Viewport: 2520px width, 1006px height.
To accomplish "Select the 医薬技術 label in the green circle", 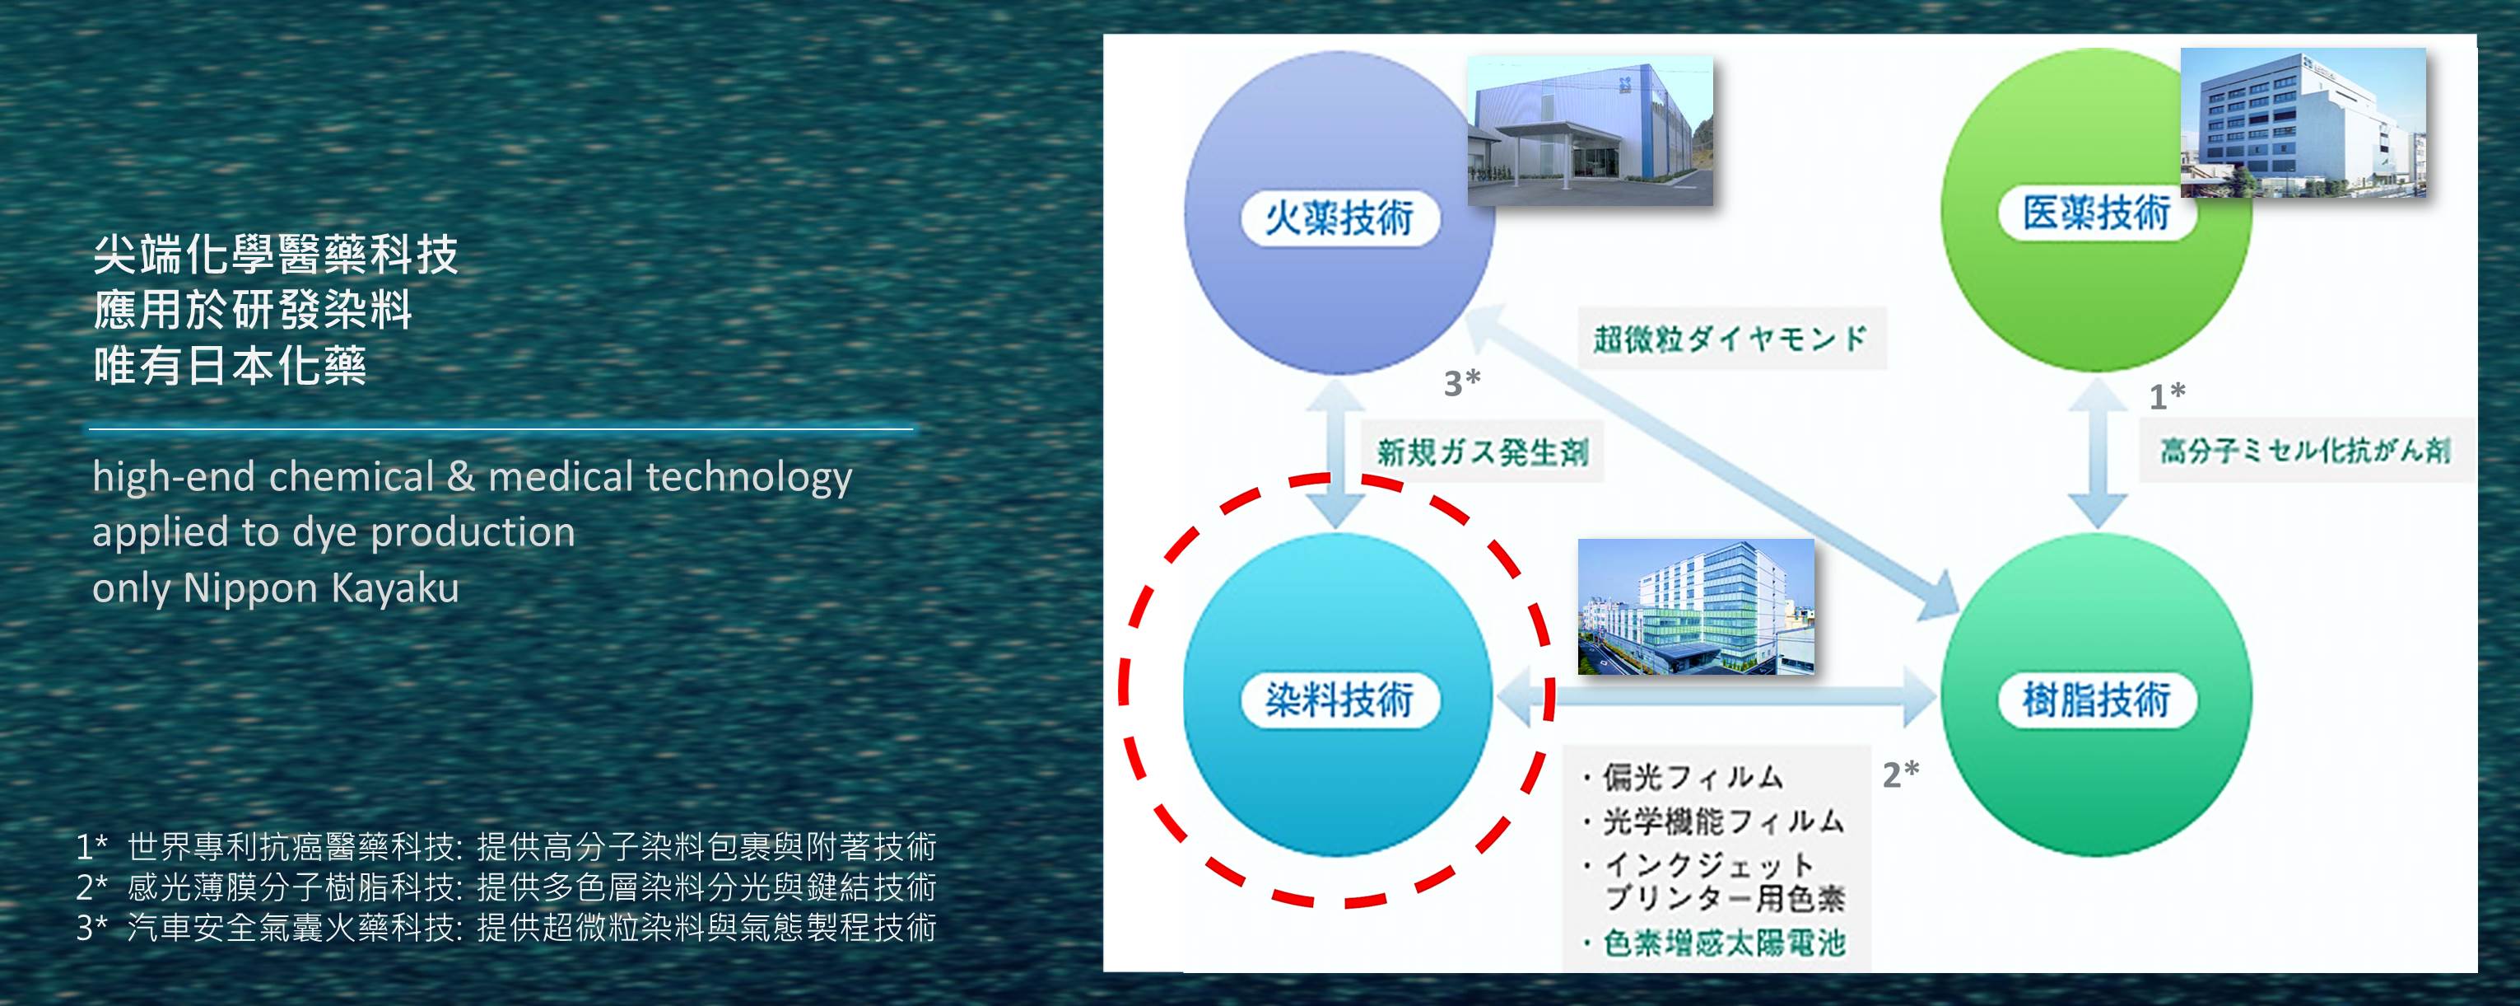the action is point(2096,213).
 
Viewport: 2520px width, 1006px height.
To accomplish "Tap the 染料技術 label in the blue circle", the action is point(1340,700).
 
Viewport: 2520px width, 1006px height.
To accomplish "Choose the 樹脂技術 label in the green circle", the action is point(2096,700).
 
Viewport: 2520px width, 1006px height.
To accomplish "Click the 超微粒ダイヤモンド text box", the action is point(1731,339).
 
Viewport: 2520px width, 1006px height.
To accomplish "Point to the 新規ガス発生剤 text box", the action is point(1483,452).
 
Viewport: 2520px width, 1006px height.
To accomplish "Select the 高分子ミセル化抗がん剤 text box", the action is point(2306,450).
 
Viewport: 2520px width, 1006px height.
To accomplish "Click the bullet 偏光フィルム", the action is point(1684,777).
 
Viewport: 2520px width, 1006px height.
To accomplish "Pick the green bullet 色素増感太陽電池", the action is point(1714,943).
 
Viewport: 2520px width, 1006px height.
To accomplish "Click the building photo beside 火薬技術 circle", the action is point(1591,131).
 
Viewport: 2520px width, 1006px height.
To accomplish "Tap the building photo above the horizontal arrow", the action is point(1696,606).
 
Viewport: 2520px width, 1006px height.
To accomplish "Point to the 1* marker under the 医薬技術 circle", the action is point(2167,395).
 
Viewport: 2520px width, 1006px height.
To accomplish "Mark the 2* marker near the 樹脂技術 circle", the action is point(1901,774).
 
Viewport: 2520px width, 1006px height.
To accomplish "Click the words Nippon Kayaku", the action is point(321,587).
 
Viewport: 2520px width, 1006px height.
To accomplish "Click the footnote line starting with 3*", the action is point(507,927).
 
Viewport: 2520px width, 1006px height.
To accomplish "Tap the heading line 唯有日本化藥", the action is point(230,366).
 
